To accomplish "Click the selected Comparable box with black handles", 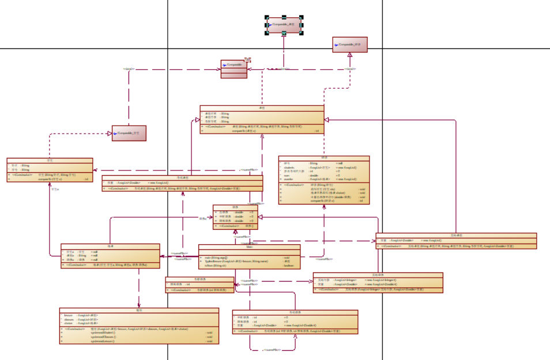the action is pos(284,25).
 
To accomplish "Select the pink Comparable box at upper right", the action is pos(349,44).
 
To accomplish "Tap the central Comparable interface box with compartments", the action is pos(233,69).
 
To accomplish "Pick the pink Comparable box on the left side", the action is pos(129,133).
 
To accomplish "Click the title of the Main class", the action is pos(249,247).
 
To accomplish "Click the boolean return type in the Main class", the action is pos(289,266).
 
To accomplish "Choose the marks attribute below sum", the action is pos(291,180).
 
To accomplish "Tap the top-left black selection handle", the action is pos(267,17).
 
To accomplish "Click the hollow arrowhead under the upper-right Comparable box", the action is pos(349,54).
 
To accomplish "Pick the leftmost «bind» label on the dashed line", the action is pos(129,69).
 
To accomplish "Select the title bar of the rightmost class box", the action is pos(456,235).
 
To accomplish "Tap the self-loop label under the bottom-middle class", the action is pos(272,350).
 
